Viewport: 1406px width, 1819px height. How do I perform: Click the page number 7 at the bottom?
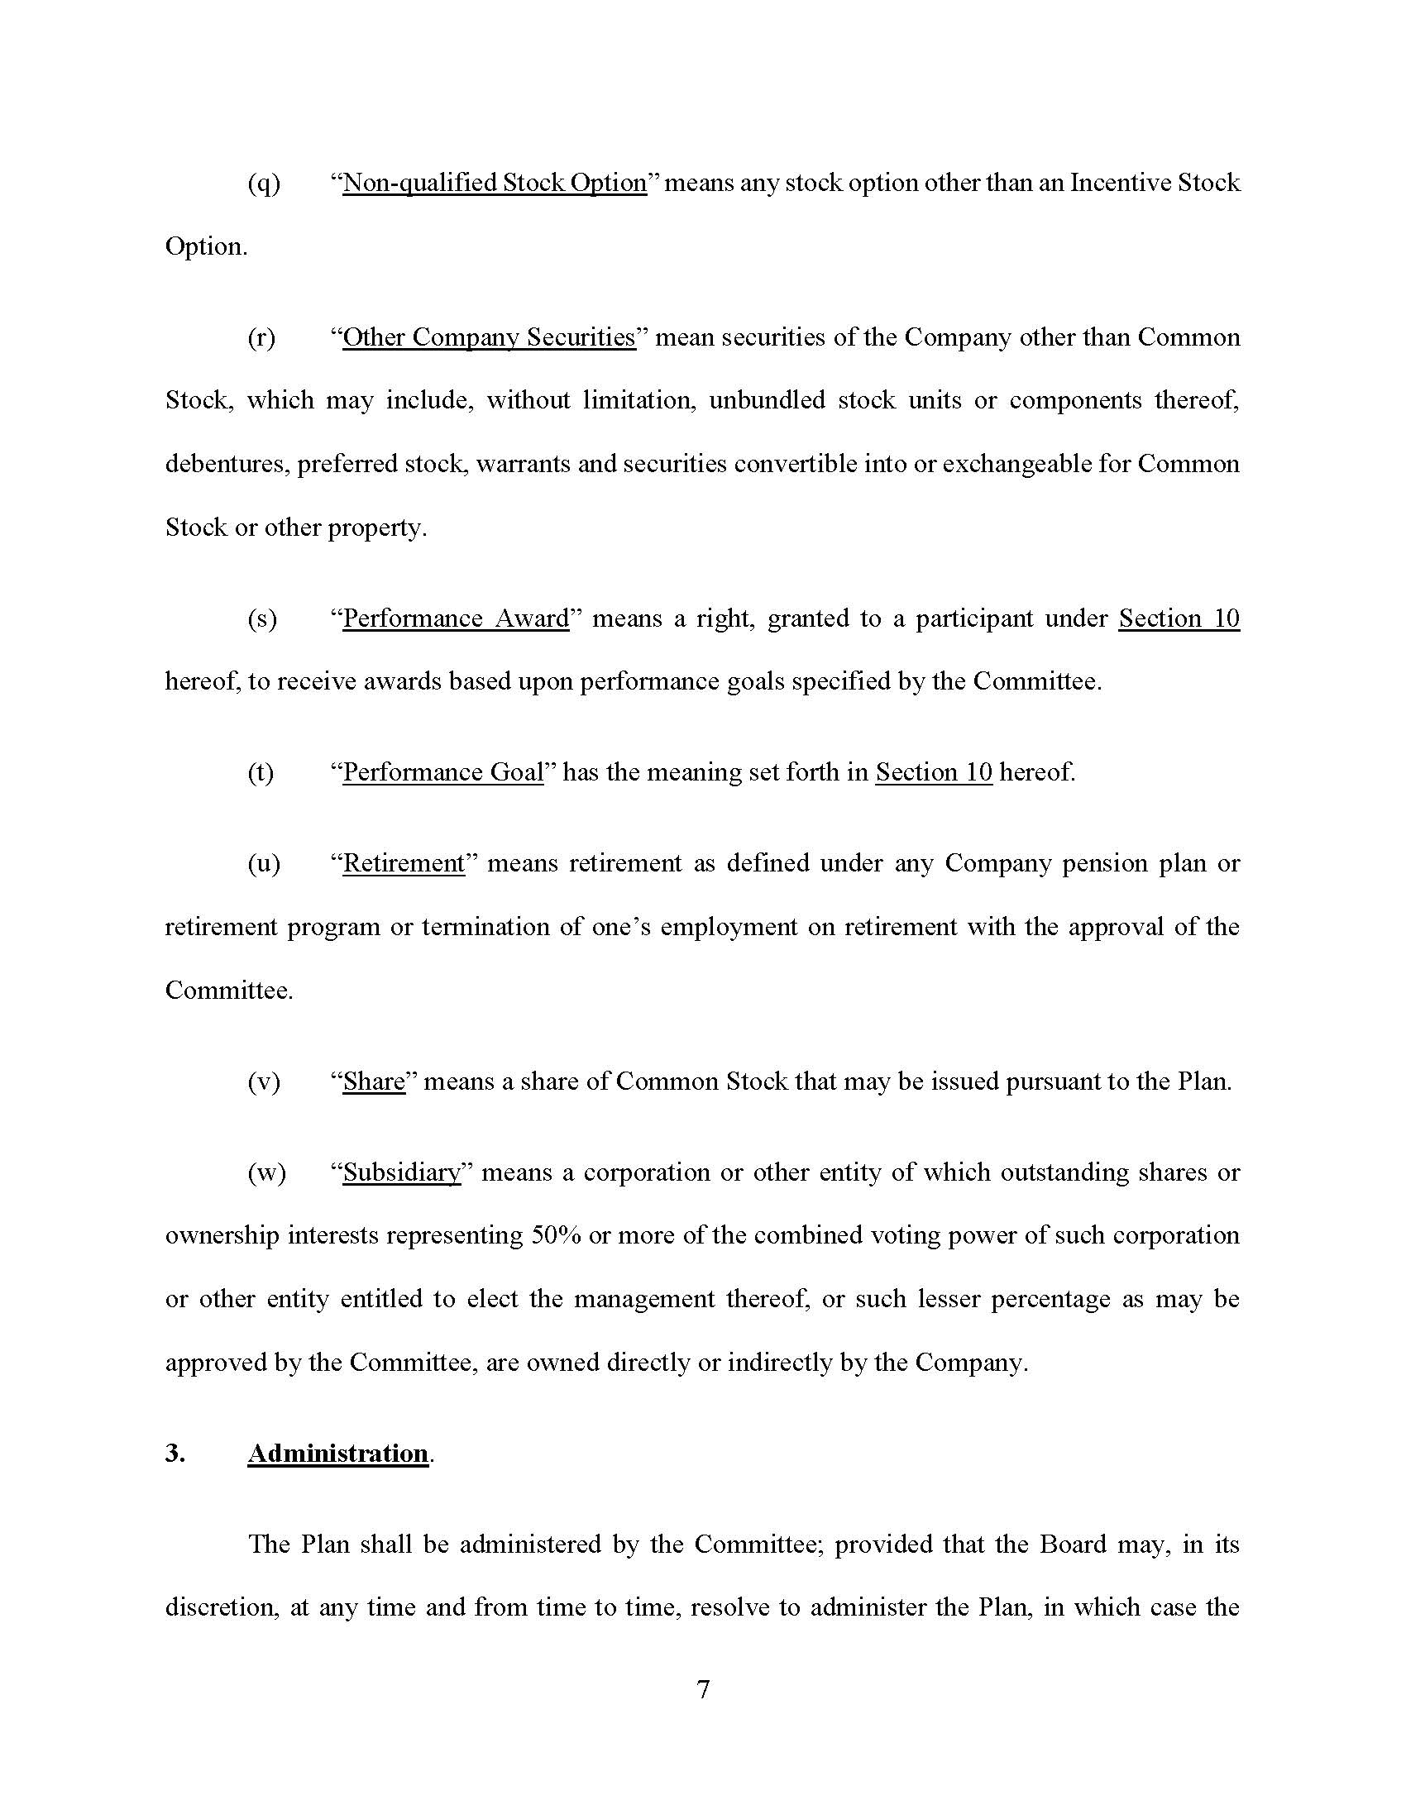click(x=703, y=1689)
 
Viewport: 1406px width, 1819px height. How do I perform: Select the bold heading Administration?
click(x=337, y=1453)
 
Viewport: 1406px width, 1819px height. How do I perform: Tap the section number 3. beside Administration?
click(x=175, y=1453)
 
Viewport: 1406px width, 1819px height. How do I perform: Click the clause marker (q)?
click(x=264, y=184)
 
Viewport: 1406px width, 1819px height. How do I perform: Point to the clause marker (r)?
click(x=261, y=337)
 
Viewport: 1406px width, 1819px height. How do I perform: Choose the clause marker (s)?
click(x=262, y=618)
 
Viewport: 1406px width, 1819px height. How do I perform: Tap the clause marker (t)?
click(x=261, y=772)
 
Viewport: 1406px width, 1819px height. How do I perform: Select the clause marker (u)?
click(x=264, y=863)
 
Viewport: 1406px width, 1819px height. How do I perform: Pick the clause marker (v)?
click(x=264, y=1081)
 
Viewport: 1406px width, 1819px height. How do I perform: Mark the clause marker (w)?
click(x=266, y=1172)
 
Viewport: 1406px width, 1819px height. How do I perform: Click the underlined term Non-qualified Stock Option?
click(x=494, y=183)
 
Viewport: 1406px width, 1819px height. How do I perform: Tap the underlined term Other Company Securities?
click(x=489, y=337)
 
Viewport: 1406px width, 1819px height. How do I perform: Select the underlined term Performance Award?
click(x=456, y=618)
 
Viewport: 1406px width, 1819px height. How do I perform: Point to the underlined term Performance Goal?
click(x=443, y=772)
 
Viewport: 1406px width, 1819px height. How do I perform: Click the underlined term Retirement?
click(x=403, y=863)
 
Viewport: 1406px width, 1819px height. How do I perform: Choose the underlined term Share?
click(x=374, y=1081)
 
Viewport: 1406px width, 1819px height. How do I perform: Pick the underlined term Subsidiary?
click(x=401, y=1172)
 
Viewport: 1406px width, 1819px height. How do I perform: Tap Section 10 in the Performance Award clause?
click(x=1179, y=618)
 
